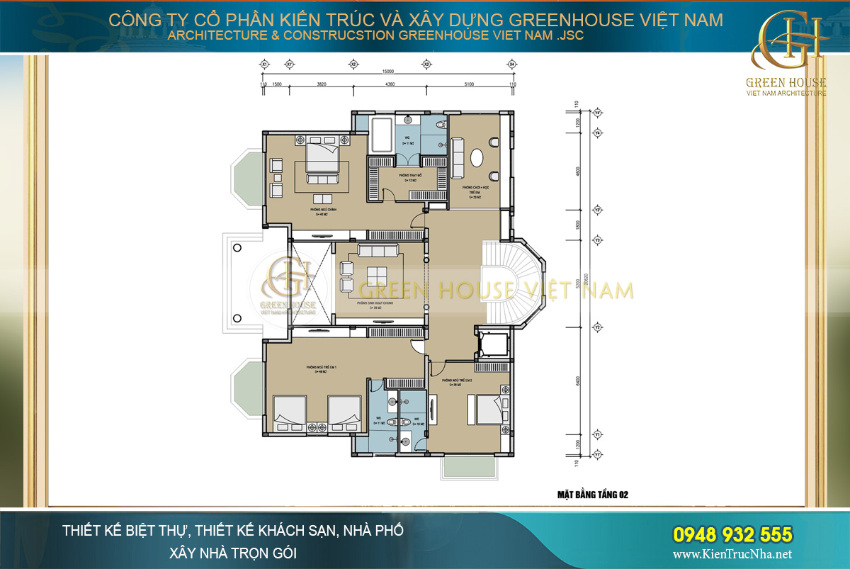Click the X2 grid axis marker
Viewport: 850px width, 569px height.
(x=352, y=64)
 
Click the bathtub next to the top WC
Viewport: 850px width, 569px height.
(x=382, y=135)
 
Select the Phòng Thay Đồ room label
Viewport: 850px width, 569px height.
(x=410, y=177)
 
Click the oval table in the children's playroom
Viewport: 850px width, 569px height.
(x=477, y=156)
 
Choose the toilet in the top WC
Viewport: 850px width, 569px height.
(x=441, y=125)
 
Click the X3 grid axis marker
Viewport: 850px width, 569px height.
(x=426, y=64)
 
